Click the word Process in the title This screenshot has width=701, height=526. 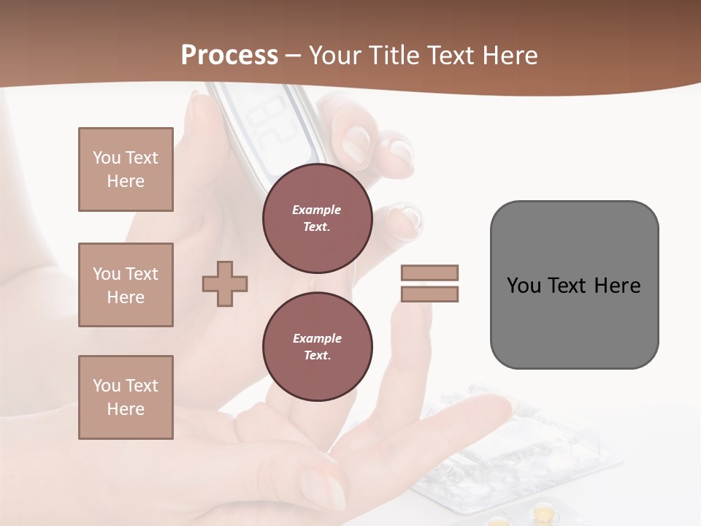[229, 56]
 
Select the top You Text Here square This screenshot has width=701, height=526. [126, 169]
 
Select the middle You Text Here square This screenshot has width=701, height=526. [126, 285]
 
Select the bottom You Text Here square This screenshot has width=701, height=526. [126, 397]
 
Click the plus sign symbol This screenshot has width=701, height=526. [225, 284]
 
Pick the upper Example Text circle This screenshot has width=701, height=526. [317, 218]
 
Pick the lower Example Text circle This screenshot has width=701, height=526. [317, 347]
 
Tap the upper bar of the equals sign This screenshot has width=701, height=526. [429, 272]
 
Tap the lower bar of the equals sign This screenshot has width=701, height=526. [429, 294]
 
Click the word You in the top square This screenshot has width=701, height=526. [106, 158]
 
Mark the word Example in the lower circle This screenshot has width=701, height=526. [317, 338]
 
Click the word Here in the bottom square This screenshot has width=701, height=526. [126, 409]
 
